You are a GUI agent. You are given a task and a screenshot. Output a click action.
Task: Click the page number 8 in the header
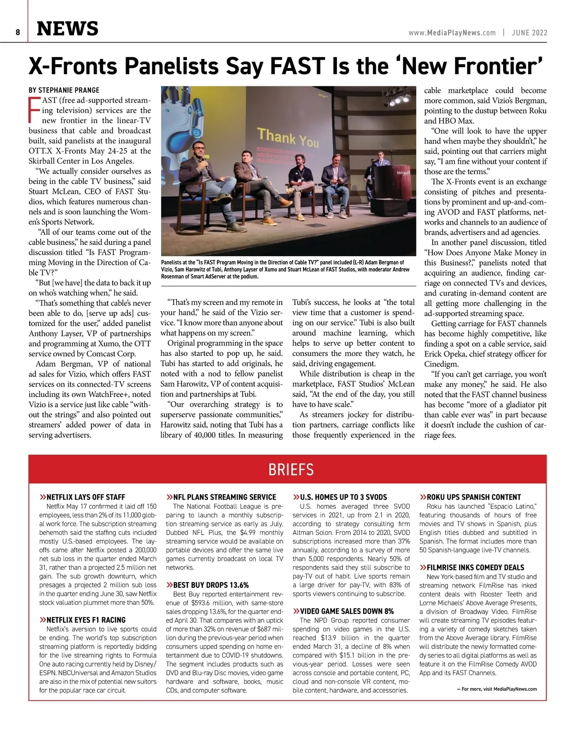coord(18,33)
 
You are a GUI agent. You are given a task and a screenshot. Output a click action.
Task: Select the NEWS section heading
coord(68,29)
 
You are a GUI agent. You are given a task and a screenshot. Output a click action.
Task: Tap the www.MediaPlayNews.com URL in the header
coord(452,33)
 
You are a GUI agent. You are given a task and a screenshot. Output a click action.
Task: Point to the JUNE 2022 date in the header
coord(529,33)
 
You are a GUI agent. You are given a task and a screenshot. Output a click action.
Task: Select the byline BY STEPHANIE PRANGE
coord(64,90)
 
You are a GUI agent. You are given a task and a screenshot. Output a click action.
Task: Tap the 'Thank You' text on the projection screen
coord(288,137)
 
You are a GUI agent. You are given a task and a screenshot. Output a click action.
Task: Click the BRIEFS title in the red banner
coord(291,469)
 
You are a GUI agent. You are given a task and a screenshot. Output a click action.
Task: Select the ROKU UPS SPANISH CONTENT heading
coord(473,497)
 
